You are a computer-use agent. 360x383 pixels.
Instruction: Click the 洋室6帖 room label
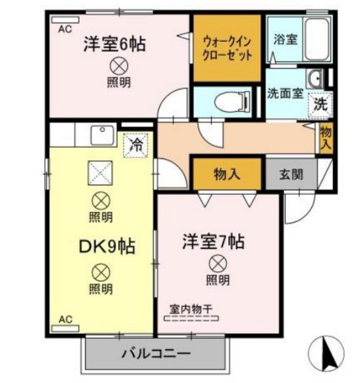(x=115, y=44)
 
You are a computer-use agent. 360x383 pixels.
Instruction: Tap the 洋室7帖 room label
(x=213, y=241)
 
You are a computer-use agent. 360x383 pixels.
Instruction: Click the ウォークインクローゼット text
(x=227, y=48)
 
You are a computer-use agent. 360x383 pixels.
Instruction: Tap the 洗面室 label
(x=286, y=94)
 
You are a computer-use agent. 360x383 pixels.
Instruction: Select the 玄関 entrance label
(x=290, y=173)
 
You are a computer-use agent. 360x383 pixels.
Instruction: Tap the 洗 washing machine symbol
(x=320, y=105)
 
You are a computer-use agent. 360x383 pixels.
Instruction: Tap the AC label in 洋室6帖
(x=65, y=29)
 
